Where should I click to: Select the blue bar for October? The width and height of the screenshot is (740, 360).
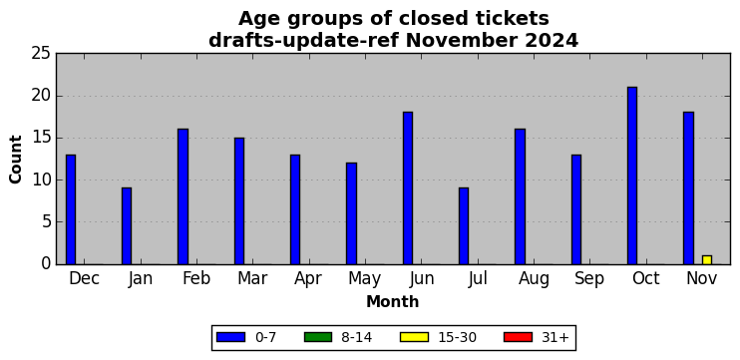(632, 176)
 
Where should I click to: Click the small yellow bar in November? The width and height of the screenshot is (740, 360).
(707, 260)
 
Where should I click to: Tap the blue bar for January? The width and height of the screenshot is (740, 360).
(127, 226)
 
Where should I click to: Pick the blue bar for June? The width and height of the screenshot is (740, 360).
(408, 188)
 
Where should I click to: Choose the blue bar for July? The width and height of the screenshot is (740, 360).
(464, 226)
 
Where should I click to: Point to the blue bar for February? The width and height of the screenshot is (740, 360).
(184, 196)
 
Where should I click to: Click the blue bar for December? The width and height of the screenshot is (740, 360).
(71, 209)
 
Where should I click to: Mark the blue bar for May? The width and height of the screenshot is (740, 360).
(352, 213)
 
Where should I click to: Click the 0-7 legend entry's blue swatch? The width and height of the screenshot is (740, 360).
(230, 337)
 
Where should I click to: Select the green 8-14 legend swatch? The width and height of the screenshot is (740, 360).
(318, 337)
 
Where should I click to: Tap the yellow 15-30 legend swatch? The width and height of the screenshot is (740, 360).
(414, 337)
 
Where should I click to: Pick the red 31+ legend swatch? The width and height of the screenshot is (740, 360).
(519, 337)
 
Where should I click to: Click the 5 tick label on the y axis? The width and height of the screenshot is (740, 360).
(46, 221)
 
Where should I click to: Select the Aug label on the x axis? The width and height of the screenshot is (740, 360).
(534, 279)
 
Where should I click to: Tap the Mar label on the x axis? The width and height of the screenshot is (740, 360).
(252, 279)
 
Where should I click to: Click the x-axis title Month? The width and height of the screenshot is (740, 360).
(393, 301)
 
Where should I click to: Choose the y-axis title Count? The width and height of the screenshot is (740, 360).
(16, 159)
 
